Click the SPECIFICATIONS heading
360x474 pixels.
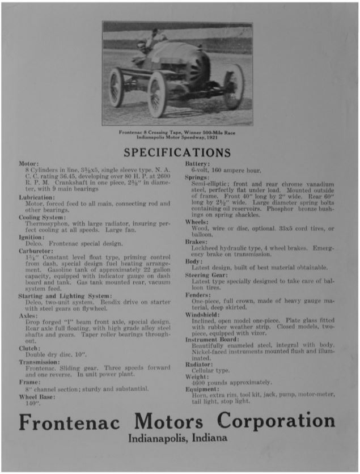177,153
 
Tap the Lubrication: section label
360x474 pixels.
37,197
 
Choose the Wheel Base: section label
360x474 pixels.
36,397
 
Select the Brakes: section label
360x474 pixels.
198,242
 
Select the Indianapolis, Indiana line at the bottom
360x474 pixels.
177,438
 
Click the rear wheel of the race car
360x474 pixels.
234,86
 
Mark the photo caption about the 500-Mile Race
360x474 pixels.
177,135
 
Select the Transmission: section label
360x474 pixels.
39,362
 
